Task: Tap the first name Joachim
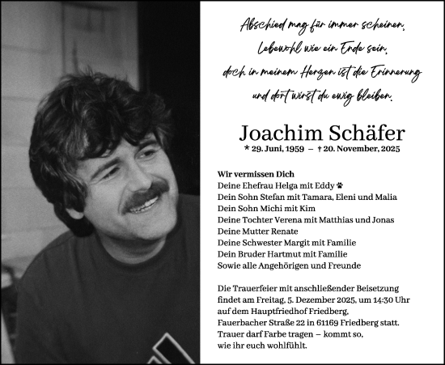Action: (x=279, y=134)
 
